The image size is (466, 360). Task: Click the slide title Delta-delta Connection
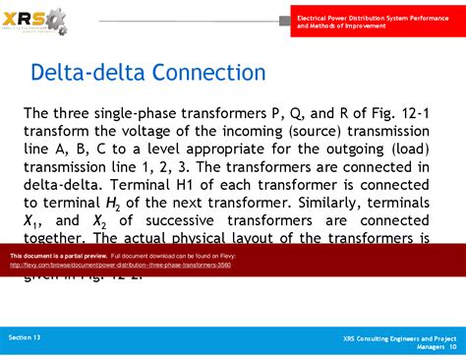(x=148, y=74)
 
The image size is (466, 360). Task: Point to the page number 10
(x=453, y=346)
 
